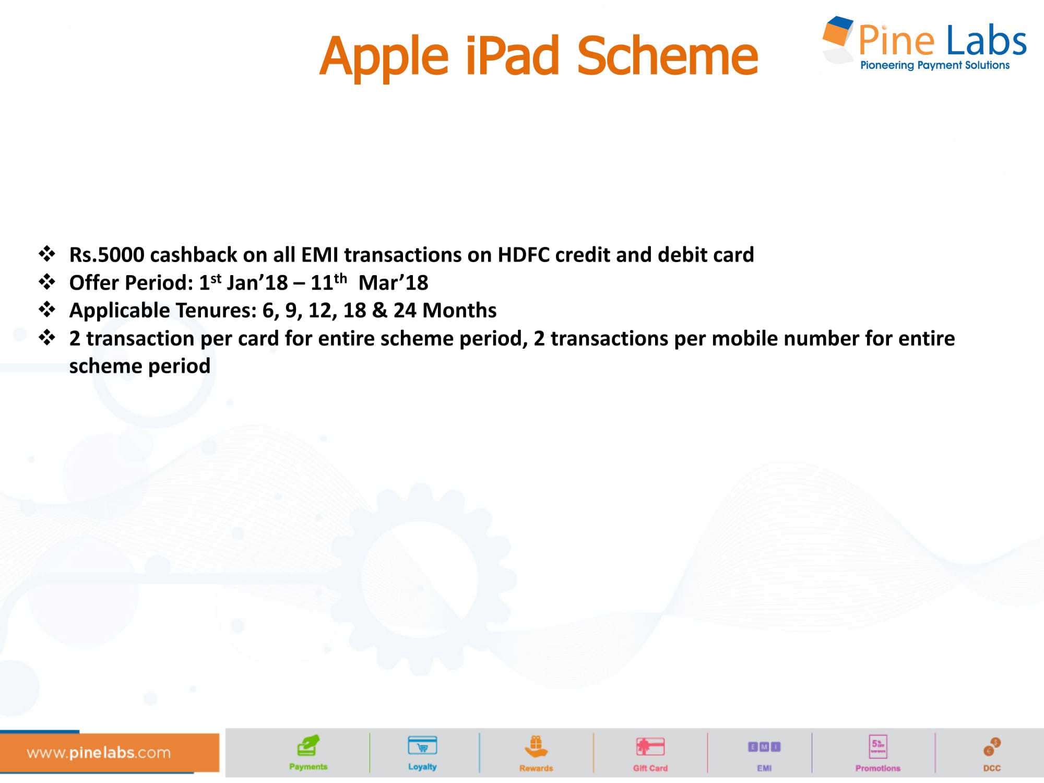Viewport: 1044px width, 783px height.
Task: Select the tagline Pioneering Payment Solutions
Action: [x=934, y=65]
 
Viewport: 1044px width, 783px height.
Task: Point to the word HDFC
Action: [x=524, y=255]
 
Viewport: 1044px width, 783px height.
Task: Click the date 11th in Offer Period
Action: [x=329, y=282]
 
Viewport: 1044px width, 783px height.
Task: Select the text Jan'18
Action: [x=257, y=282]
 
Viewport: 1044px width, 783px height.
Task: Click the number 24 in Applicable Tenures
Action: [x=405, y=311]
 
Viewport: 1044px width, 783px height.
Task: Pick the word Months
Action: [x=459, y=311]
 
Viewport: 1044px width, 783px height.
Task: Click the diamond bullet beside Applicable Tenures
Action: [x=47, y=310]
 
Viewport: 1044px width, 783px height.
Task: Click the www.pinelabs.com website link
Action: [x=99, y=753]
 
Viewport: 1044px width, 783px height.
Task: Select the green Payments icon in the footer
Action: [x=308, y=745]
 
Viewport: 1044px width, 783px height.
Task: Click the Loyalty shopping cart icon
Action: [x=422, y=745]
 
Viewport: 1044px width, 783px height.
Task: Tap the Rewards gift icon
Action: [x=536, y=746]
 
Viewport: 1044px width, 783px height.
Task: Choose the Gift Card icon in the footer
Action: [x=650, y=746]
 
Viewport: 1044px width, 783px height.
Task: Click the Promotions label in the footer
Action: [x=878, y=768]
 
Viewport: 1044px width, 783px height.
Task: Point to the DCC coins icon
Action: [x=992, y=747]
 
